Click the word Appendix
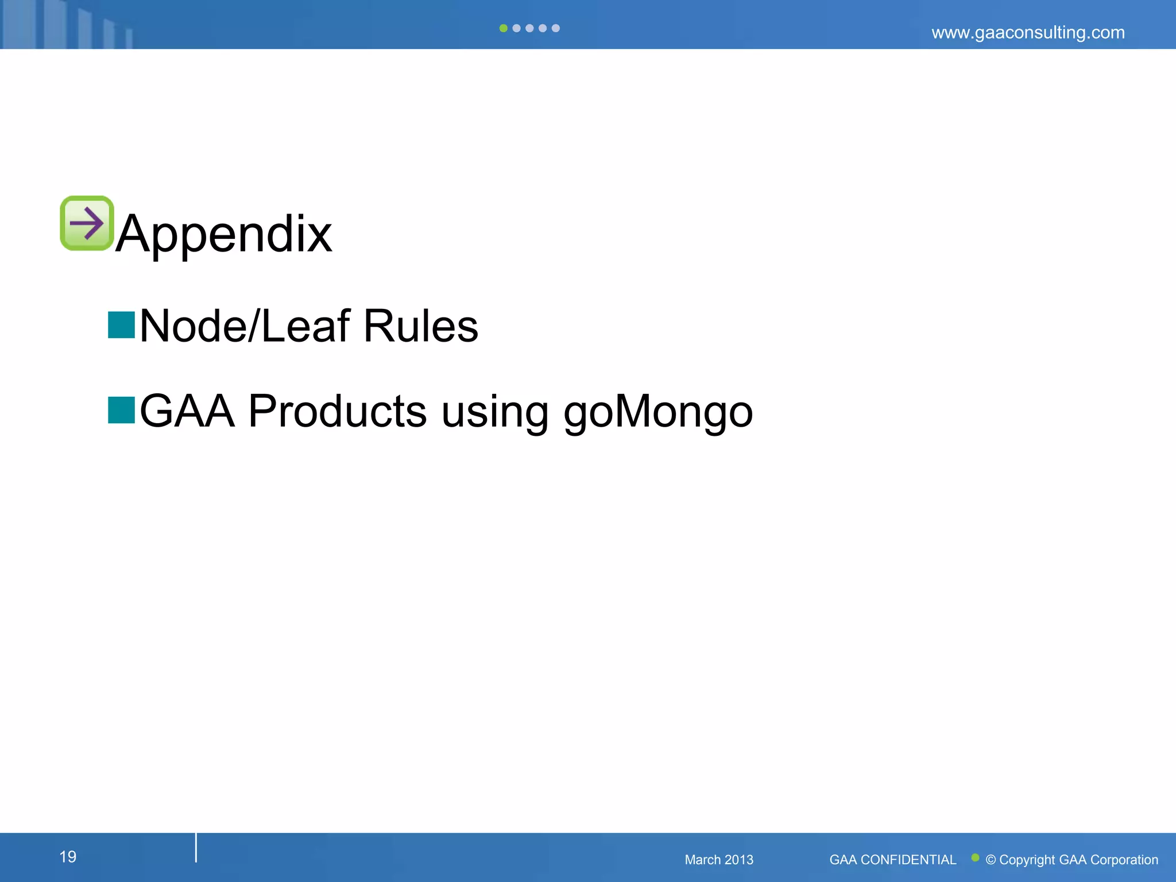point(224,234)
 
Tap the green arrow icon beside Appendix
point(87,223)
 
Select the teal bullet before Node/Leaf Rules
point(121,325)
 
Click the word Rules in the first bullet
point(420,326)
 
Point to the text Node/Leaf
point(245,326)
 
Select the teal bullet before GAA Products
point(121,410)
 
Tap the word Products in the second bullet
point(337,411)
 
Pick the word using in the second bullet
point(495,412)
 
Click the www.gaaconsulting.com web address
point(1028,32)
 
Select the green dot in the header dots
point(504,28)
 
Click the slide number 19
point(68,857)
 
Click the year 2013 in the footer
point(739,860)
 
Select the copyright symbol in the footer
point(991,860)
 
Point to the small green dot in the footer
point(975,857)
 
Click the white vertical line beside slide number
point(196,848)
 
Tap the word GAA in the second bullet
point(187,411)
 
